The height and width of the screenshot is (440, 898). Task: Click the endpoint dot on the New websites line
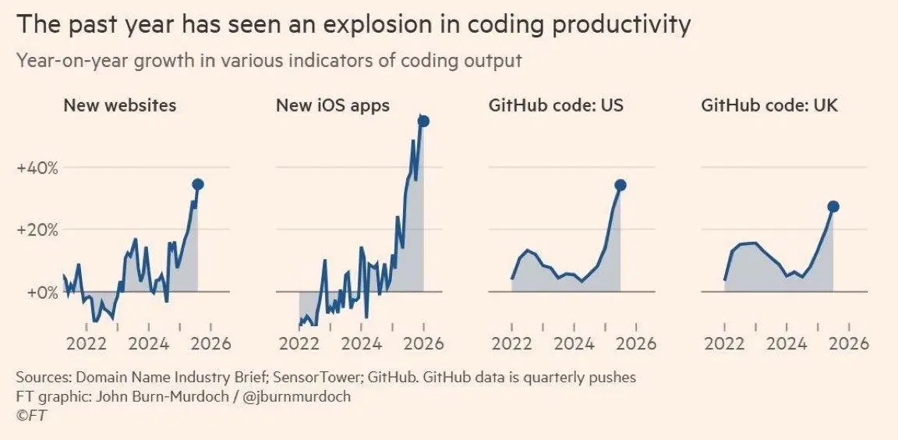click(198, 184)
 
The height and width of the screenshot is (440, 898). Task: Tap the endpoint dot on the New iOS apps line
click(424, 121)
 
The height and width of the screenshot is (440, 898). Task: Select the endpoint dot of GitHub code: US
click(620, 185)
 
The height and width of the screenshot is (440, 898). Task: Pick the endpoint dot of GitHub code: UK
click(833, 206)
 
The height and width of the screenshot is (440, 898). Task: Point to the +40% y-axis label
click(37, 168)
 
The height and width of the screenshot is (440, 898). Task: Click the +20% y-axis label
click(37, 230)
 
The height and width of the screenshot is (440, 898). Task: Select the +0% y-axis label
click(41, 293)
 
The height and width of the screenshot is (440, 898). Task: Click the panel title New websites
click(119, 105)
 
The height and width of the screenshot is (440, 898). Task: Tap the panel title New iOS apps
click(333, 105)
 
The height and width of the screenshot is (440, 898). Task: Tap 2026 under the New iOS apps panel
click(423, 343)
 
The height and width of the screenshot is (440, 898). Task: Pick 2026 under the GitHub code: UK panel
click(849, 343)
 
